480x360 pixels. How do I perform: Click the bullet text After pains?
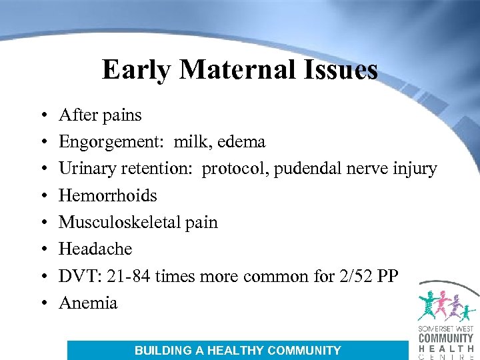100,115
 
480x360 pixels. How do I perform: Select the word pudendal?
307,169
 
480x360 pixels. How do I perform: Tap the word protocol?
233,169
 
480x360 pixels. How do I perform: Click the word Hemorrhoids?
108,195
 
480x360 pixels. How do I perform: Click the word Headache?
95,249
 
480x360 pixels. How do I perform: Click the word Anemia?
88,303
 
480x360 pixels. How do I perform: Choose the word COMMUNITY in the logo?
445,338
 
